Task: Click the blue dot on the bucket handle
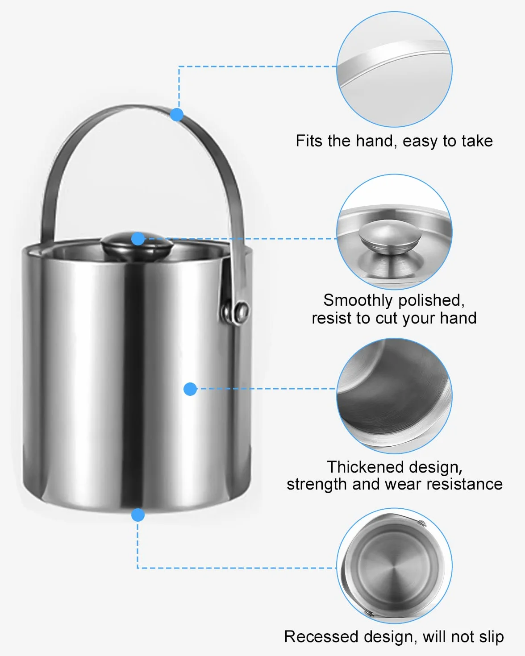click(177, 115)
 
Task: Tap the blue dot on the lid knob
click(138, 238)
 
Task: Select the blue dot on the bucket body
click(190, 389)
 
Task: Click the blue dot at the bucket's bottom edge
click(138, 515)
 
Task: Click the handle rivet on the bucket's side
click(242, 311)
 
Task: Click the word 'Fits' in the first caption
click(309, 141)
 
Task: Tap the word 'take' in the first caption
click(477, 141)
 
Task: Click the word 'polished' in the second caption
click(431, 301)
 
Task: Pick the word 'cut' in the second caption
click(386, 318)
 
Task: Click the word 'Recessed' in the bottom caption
click(321, 637)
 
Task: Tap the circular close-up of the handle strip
click(394, 69)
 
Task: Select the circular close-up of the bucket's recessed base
click(394, 565)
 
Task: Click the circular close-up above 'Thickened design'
click(394, 396)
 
